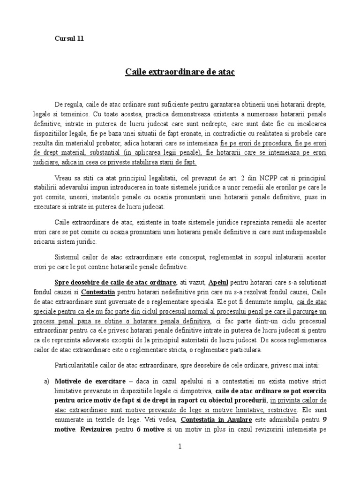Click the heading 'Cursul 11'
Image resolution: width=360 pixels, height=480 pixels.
tap(68, 39)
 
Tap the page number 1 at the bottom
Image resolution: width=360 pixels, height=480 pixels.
tap(180, 447)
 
